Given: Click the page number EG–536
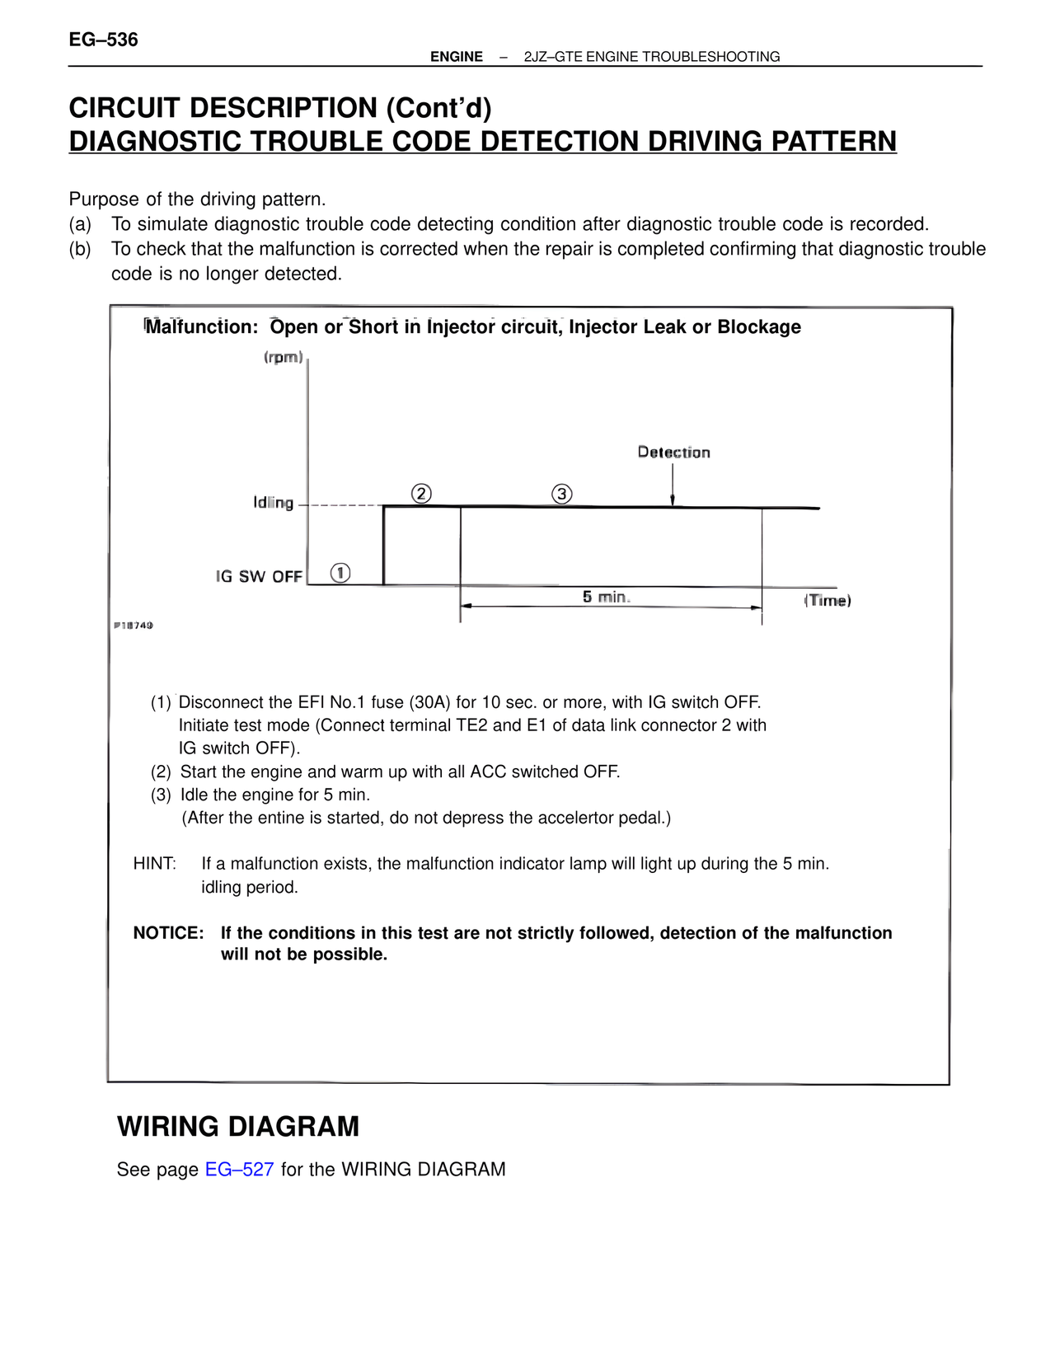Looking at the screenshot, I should (x=103, y=40).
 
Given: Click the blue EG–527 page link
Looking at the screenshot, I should (x=239, y=1170).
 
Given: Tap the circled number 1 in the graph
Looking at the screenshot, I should (x=340, y=573).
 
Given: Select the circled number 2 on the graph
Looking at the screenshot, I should (x=421, y=494).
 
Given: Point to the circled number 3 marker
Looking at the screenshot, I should (x=561, y=494).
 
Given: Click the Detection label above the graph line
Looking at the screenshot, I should (x=673, y=453).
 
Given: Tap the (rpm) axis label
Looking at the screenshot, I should (x=284, y=358).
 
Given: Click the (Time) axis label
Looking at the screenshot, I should (x=828, y=601).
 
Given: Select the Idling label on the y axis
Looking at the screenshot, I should (x=273, y=503).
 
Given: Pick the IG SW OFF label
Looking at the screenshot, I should (x=259, y=577).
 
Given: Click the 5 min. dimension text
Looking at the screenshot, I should (x=606, y=597).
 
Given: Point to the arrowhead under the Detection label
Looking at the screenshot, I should (x=673, y=500).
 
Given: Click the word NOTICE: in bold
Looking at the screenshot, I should (x=168, y=933).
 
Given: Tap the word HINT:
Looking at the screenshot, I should (x=155, y=864).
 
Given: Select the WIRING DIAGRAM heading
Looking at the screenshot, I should (x=238, y=1127).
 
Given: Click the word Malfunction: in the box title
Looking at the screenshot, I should (x=202, y=327).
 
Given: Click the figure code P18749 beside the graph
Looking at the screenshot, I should (x=133, y=626).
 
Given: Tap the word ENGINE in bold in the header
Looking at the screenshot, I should (x=457, y=57).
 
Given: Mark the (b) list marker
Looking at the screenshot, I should (x=80, y=249).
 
